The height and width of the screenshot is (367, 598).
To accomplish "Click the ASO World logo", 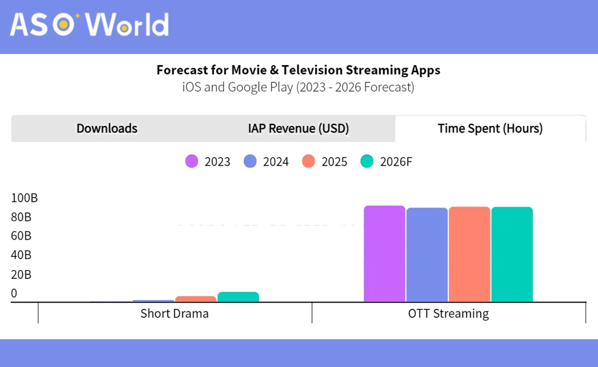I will (x=89, y=25).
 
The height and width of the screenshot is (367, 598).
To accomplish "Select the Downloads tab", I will (x=107, y=128).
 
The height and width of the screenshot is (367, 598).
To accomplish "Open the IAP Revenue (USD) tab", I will (x=298, y=128).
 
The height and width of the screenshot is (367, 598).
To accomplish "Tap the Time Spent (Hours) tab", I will (x=490, y=128).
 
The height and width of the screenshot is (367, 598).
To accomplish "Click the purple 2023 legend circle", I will (x=192, y=161).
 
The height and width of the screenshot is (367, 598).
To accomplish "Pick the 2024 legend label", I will (x=276, y=161).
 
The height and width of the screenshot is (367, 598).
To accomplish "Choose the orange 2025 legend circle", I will (x=308, y=161).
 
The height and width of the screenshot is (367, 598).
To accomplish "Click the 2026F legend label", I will (x=396, y=161).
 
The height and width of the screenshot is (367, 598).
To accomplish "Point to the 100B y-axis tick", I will (x=25, y=198).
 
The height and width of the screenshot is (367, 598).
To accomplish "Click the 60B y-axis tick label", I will (x=22, y=236).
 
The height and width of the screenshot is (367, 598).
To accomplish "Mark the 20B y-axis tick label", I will (x=22, y=274).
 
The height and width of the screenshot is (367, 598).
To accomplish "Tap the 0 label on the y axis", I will (x=14, y=293).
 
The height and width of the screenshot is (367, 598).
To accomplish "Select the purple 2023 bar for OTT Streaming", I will (x=385, y=254).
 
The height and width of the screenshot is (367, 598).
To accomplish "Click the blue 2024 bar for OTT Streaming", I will (x=427, y=255).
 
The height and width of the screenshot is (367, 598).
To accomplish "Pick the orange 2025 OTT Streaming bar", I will (x=469, y=255).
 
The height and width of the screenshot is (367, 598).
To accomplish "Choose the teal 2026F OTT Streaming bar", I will (x=512, y=255).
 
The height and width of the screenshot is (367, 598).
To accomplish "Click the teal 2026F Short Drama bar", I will (x=238, y=297).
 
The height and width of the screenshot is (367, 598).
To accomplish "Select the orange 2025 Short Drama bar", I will (x=196, y=299).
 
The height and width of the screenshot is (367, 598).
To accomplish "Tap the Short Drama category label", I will (x=175, y=314).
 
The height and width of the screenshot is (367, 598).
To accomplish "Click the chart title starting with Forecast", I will (x=298, y=70).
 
